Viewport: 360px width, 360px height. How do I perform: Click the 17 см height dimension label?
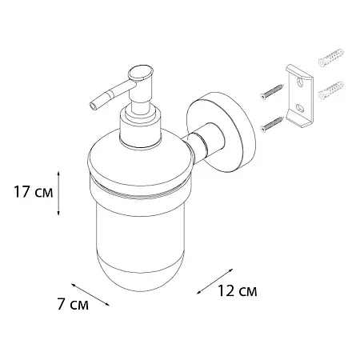point(34,192)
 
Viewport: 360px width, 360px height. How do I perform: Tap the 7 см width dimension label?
point(73,304)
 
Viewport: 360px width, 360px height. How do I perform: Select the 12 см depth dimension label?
point(238,290)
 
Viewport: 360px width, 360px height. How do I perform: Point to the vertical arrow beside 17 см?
point(59,194)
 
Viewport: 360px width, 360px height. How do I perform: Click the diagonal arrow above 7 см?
point(90,294)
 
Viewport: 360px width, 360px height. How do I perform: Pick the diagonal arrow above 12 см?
point(215,282)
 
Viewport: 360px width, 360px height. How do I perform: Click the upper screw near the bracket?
point(271,92)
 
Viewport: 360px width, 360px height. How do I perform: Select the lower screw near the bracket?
point(271,125)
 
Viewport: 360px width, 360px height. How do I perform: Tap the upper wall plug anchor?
point(331,58)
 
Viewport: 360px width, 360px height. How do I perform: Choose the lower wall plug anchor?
point(331,90)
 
